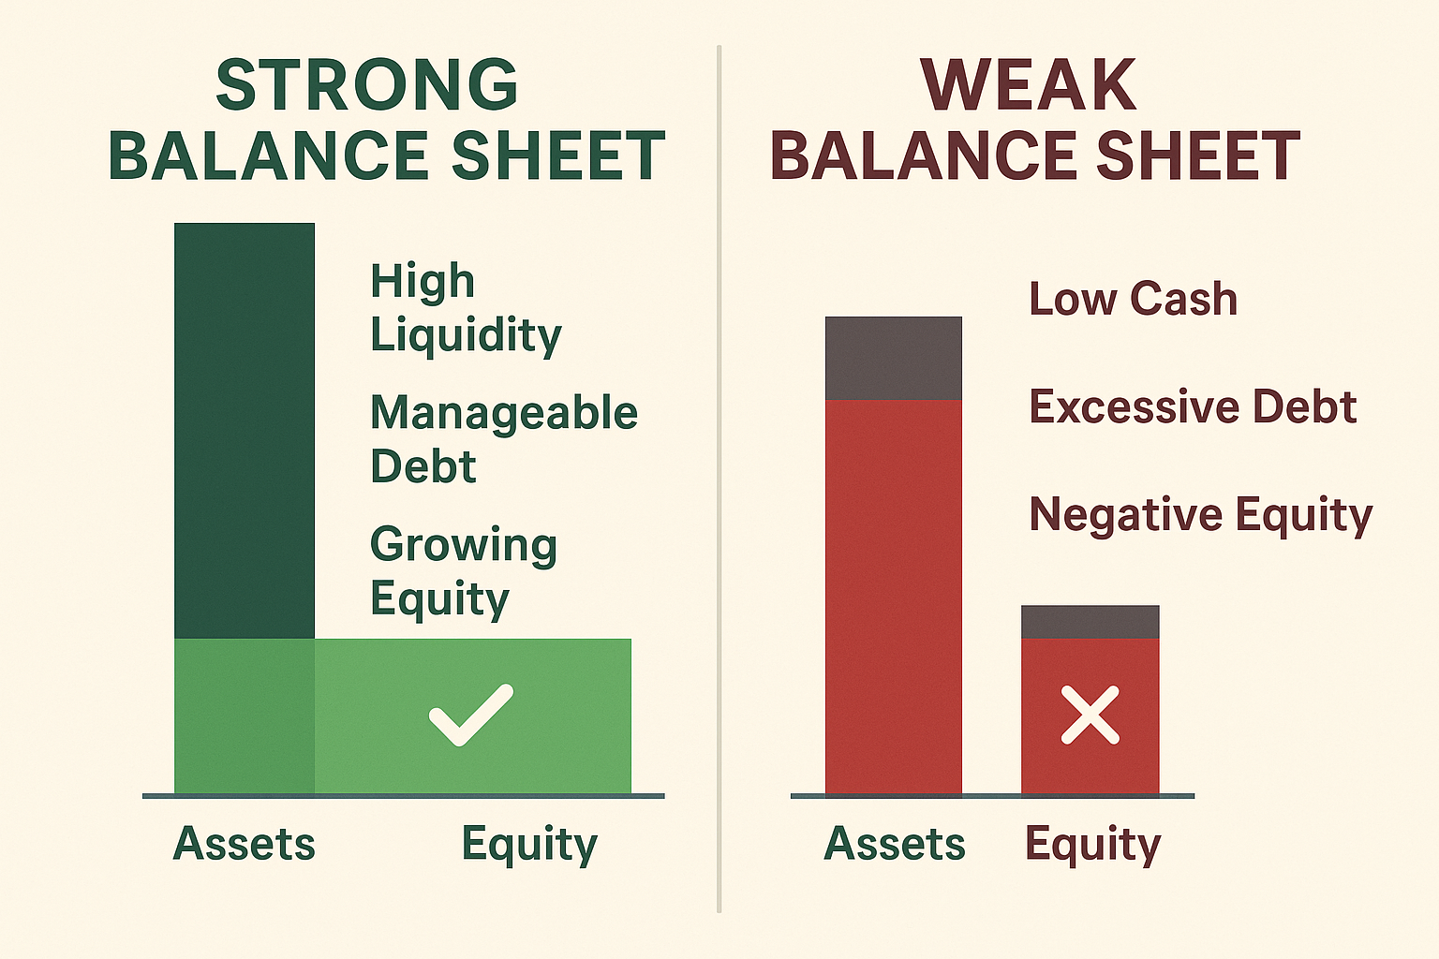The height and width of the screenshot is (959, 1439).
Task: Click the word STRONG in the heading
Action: pos(366,85)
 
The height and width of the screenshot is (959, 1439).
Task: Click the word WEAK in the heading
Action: pos(1028,85)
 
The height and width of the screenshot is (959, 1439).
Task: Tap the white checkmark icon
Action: pos(470,715)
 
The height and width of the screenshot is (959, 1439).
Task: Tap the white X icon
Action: pos(1090,715)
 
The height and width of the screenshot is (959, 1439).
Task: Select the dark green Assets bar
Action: pos(244,431)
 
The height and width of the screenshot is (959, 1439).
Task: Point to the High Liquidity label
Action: pos(465,307)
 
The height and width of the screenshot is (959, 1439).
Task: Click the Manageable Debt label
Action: pos(503,438)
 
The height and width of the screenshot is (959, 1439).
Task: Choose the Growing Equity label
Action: pos(463,570)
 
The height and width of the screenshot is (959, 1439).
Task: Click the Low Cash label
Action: pos(1133,299)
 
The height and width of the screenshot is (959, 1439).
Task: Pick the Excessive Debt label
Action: pos(1193,406)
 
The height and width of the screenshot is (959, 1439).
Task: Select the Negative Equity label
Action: pos(1200,514)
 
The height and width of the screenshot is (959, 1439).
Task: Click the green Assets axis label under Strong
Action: pos(244,843)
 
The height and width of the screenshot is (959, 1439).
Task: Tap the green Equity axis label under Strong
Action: pos(528,843)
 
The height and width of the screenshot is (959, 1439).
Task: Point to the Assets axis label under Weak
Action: pos(894,843)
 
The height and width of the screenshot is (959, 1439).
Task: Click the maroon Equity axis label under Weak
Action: pos(1092,843)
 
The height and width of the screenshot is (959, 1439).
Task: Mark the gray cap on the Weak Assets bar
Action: pos(893,358)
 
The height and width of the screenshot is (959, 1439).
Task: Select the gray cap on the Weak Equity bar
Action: pos(1090,622)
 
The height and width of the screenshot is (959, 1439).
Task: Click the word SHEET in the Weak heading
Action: pos(1198,155)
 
